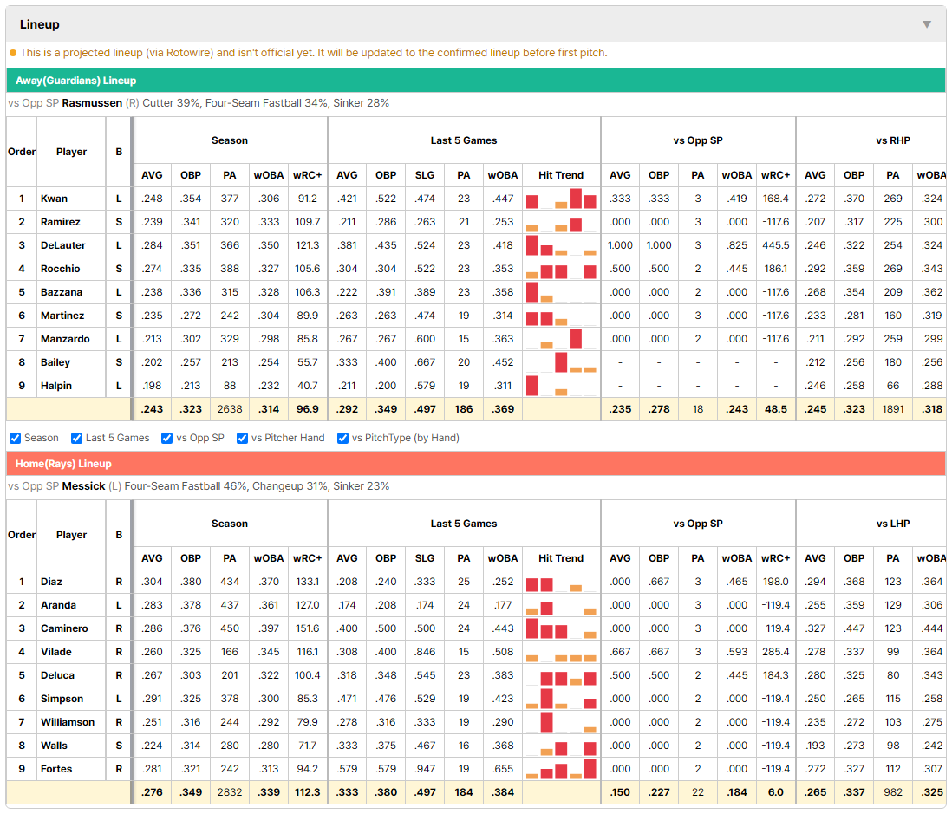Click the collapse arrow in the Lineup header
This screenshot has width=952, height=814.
pos(927,24)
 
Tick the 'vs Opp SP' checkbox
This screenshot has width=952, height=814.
pos(167,438)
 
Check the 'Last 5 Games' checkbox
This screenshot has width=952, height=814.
pos(76,438)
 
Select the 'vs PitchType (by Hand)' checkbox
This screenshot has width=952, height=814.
pos(342,438)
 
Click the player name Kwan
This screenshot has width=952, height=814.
pos(54,199)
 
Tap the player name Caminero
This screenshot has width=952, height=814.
pos(64,628)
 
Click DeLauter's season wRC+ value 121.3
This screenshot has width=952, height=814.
pos(307,245)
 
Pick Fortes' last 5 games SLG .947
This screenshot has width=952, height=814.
pos(424,768)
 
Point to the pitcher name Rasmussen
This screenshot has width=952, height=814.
pos(92,103)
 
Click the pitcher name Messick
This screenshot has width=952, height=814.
pos(83,486)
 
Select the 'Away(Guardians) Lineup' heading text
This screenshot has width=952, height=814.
pos(76,81)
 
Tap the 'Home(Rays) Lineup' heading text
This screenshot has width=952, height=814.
pos(63,464)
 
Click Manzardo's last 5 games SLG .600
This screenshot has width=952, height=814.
pos(424,339)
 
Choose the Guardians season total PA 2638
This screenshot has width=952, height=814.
pos(230,409)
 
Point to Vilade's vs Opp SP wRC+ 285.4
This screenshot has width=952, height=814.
pos(775,652)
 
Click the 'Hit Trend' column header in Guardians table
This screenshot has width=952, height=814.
pos(561,175)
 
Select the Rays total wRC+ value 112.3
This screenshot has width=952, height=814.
pos(307,792)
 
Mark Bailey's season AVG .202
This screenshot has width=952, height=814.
pos(152,362)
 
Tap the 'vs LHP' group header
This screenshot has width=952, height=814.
pos(893,524)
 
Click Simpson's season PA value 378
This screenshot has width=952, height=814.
pos(230,699)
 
